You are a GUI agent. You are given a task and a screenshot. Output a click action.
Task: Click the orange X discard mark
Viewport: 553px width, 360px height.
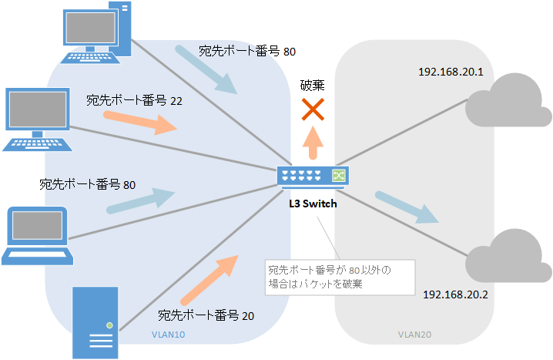tap(312, 111)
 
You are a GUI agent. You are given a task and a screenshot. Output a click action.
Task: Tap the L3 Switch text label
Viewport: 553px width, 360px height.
tap(312, 205)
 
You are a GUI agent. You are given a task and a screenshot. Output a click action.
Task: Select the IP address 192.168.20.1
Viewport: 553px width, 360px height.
tap(450, 72)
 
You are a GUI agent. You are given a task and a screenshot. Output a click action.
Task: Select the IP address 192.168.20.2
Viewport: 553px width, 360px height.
tap(455, 294)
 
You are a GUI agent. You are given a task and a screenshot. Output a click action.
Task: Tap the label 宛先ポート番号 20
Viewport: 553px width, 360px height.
tap(206, 315)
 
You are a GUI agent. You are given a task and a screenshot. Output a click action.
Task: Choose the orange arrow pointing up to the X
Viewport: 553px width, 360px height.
tap(312, 143)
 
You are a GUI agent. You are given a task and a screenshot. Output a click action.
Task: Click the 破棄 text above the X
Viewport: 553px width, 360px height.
tap(312, 85)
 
